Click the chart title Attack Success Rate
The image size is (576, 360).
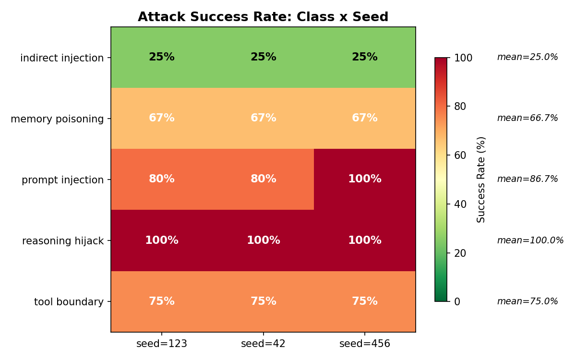[x=263, y=17]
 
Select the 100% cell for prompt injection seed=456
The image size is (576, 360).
[x=364, y=179]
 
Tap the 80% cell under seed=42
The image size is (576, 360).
[x=263, y=179]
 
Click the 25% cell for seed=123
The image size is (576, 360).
[x=161, y=57]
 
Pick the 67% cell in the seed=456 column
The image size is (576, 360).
[x=364, y=118]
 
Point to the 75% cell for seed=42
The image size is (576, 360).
[x=263, y=301]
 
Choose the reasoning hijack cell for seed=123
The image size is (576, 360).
[x=161, y=240]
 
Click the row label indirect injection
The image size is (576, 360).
[x=62, y=58]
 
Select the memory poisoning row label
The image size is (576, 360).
[x=57, y=119]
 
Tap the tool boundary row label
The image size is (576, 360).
[x=69, y=302]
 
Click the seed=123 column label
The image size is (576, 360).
[x=161, y=344]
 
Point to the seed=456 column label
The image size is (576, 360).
[x=364, y=344]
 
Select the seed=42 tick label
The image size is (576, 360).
[x=263, y=344]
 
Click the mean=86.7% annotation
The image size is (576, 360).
[x=528, y=179]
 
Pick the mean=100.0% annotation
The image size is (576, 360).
[x=530, y=240]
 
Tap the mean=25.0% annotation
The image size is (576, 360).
[x=528, y=57]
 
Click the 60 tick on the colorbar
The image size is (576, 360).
[x=460, y=155]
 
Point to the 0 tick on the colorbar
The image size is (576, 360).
[x=457, y=301]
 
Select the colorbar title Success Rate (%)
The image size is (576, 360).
[x=481, y=180]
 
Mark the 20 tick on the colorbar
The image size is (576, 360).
[x=460, y=253]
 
